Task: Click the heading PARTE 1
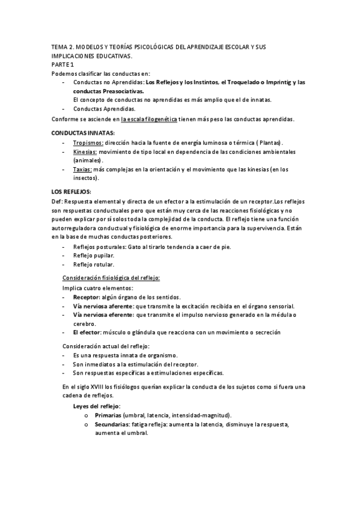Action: click(x=63, y=64)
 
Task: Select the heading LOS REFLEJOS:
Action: click(x=72, y=191)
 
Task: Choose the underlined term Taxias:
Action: click(x=83, y=170)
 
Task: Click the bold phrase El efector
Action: click(x=87, y=332)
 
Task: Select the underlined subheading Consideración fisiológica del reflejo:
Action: click(x=111, y=277)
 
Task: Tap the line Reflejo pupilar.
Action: click(x=93, y=256)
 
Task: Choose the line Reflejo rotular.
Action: click(x=93, y=265)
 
